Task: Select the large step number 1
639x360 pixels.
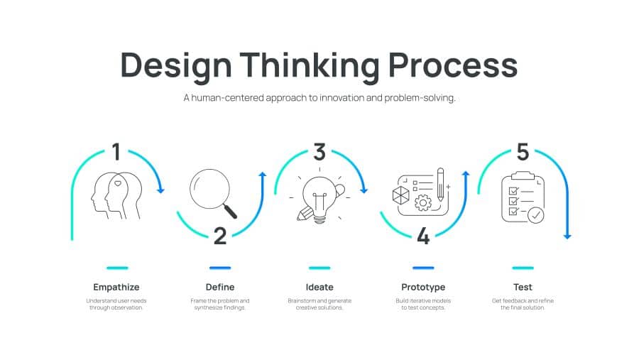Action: click(x=116, y=152)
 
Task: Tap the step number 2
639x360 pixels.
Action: click(x=220, y=236)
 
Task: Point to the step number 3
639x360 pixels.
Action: click(x=319, y=152)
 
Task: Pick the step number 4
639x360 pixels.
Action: click(x=423, y=236)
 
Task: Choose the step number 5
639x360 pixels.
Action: click(x=523, y=152)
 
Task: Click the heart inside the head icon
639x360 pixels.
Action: click(x=118, y=183)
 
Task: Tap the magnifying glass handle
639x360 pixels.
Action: click(x=230, y=212)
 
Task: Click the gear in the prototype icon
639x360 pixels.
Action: click(x=423, y=202)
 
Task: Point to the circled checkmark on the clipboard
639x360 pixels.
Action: click(x=535, y=214)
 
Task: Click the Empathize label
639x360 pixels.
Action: click(x=116, y=287)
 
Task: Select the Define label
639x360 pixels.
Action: click(x=220, y=287)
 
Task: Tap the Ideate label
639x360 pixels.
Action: click(x=319, y=287)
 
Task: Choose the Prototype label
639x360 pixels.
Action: click(x=423, y=287)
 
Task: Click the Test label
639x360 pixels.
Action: click(x=523, y=287)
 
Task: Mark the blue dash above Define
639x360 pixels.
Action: click(x=220, y=268)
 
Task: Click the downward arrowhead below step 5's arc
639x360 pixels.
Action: click(x=567, y=236)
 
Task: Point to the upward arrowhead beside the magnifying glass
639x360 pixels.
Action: click(x=263, y=175)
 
